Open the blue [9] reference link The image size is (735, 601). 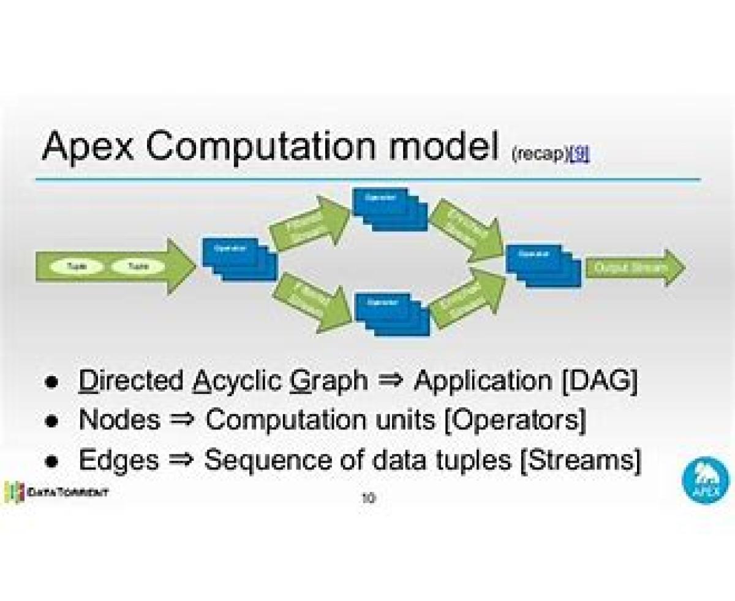point(579,155)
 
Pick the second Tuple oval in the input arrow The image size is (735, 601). point(138,266)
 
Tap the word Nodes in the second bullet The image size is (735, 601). point(119,420)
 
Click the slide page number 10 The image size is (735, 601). point(368,498)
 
